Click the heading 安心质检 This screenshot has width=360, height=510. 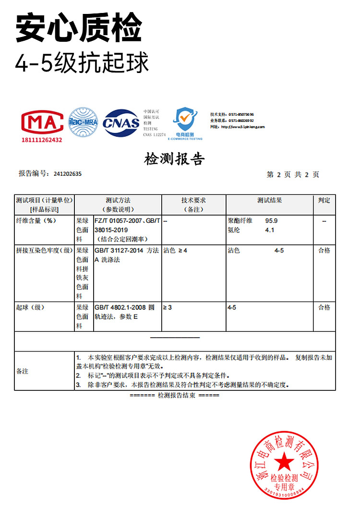(x=79, y=28)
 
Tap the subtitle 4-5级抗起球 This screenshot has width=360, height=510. (x=82, y=63)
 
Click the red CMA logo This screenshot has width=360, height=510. (x=42, y=122)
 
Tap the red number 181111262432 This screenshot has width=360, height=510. (x=42, y=140)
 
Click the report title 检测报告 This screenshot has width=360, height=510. (x=174, y=159)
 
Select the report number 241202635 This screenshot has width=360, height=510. (x=68, y=174)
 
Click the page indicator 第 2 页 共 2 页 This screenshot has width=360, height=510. (x=293, y=175)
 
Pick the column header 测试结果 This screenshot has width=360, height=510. (x=269, y=200)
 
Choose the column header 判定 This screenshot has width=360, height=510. (x=324, y=200)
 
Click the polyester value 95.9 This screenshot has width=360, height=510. (x=272, y=221)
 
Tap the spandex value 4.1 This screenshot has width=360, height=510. (x=269, y=230)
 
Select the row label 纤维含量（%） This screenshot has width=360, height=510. (x=36, y=221)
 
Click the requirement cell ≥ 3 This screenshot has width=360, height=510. (x=168, y=307)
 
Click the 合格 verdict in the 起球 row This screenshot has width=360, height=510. (x=324, y=307)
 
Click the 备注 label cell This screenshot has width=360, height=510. (x=23, y=371)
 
